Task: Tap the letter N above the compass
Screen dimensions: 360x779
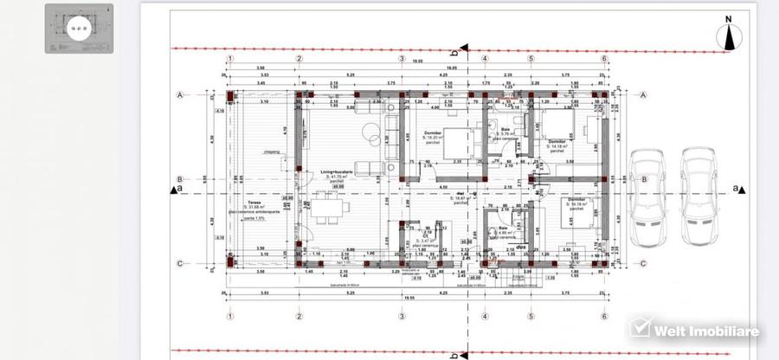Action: [729, 17]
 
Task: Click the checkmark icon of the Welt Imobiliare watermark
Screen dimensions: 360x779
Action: [641, 329]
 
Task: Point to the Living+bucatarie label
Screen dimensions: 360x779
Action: [339, 173]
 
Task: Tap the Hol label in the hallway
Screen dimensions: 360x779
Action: [461, 194]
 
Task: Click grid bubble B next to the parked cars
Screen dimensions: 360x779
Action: [643, 179]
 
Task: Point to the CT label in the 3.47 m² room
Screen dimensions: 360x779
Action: [409, 255]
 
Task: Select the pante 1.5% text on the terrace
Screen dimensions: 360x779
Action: [254, 218]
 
